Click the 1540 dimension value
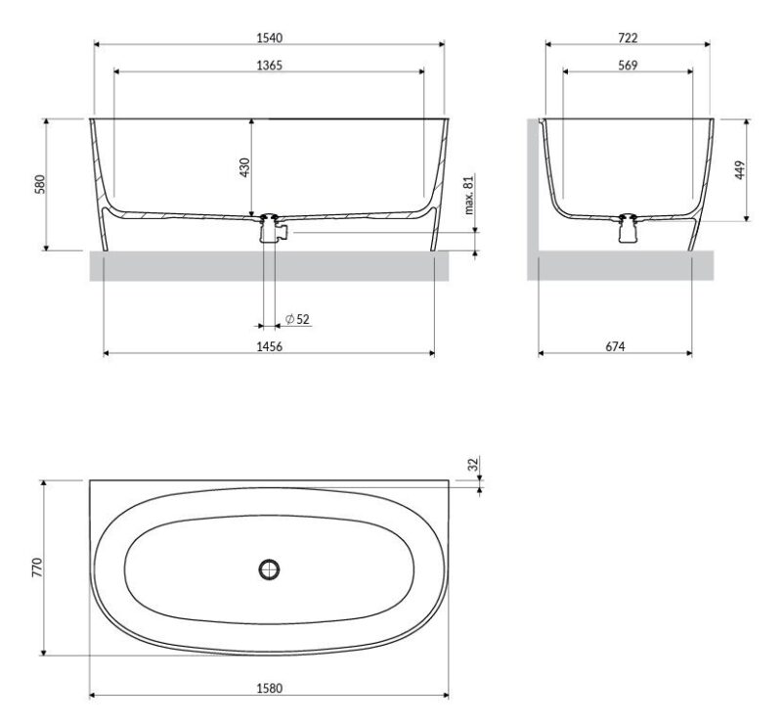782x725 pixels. point(270,37)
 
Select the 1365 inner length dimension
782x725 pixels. point(270,65)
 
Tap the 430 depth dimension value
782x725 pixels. point(244,167)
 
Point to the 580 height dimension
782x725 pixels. point(40,184)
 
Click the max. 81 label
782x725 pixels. point(469,195)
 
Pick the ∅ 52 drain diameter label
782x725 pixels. point(298,319)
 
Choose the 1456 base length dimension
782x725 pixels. point(270,346)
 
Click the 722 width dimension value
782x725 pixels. point(628,37)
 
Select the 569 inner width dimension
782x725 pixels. point(628,65)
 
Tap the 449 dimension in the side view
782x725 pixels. point(740,170)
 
